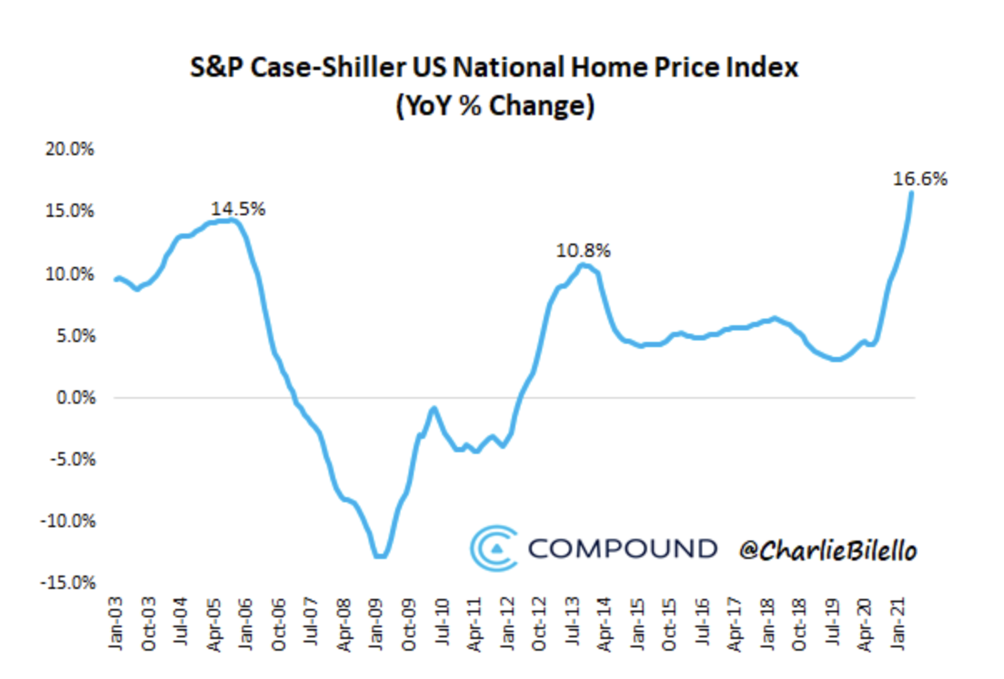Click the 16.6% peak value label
point(921,178)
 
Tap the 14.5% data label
point(238,209)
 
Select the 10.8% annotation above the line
point(584,249)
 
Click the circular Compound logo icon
point(494,548)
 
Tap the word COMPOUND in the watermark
point(622,549)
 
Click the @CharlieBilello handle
point(827,550)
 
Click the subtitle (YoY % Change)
point(494,107)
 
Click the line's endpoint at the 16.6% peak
point(911,194)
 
